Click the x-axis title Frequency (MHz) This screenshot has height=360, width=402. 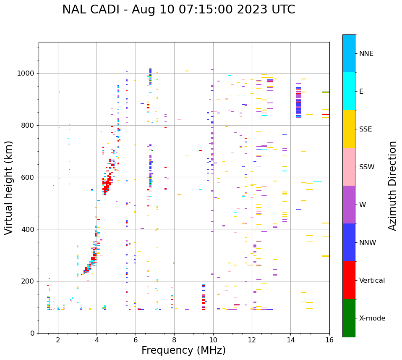(x=183, y=350)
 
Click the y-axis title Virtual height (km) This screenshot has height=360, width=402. (x=9, y=187)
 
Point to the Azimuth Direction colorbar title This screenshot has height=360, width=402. (x=392, y=186)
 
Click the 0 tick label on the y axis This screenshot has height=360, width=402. (x=32, y=333)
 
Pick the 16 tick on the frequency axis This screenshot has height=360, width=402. (x=329, y=340)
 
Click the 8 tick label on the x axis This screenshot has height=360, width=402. (x=175, y=340)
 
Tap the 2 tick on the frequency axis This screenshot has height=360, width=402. (x=58, y=340)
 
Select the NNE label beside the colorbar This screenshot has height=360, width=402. (x=366, y=54)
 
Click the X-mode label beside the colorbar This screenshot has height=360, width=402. (x=372, y=318)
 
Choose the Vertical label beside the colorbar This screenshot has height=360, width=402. (x=372, y=281)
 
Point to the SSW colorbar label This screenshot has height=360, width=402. (x=367, y=167)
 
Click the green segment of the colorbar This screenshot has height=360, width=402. (x=349, y=318)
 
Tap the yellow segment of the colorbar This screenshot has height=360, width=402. (x=349, y=129)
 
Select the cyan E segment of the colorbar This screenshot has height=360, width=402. (x=349, y=91)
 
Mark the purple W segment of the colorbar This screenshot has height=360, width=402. (x=349, y=205)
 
